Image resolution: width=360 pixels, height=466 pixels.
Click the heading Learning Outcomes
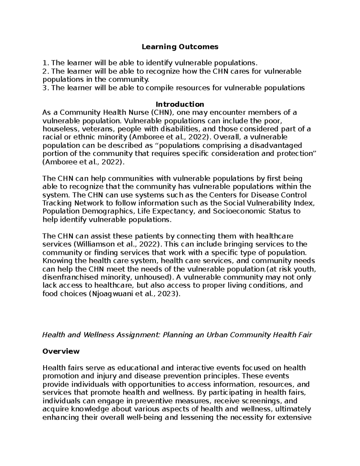(x=180, y=47)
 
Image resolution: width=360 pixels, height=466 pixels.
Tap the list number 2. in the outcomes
(x=45, y=71)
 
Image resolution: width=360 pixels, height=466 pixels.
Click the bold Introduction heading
(x=180, y=104)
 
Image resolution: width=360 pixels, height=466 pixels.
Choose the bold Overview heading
(x=61, y=351)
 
